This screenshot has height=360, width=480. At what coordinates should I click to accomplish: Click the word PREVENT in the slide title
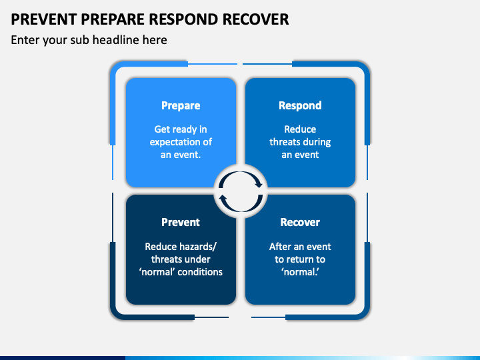44,19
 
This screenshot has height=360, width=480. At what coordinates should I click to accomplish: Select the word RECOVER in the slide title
255,19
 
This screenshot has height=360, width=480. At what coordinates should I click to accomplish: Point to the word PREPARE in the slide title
113,19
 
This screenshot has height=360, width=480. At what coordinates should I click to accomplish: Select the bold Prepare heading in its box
181,105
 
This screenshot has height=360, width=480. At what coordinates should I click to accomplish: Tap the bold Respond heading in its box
300,105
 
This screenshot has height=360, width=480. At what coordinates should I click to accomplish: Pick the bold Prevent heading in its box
181,222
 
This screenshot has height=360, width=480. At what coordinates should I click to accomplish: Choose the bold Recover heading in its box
300,222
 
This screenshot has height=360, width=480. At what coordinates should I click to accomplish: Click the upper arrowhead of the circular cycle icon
259,184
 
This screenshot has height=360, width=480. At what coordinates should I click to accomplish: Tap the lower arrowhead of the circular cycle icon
223,199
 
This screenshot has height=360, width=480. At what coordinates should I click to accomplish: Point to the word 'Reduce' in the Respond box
300,129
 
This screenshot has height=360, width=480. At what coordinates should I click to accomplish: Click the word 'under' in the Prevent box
197,259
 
